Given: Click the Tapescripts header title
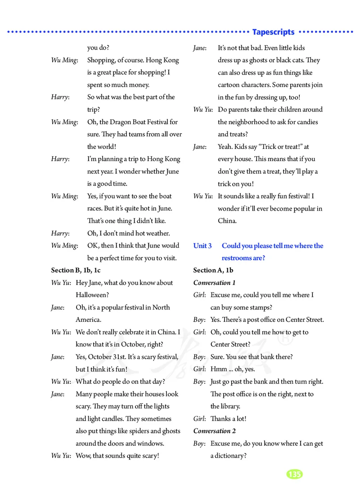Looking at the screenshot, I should click(x=273, y=32).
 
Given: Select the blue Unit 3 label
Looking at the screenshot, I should click(x=202, y=246).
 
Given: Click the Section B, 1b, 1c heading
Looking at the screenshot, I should click(x=76, y=270).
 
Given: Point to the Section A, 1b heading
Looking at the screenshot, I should click(x=213, y=270).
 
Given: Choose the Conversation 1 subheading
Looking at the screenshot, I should click(x=214, y=283).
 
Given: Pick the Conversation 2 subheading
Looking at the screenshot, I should click(x=214, y=431).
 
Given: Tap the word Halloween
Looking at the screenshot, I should click(x=92, y=295).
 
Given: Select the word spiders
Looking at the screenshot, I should click(x=141, y=431).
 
